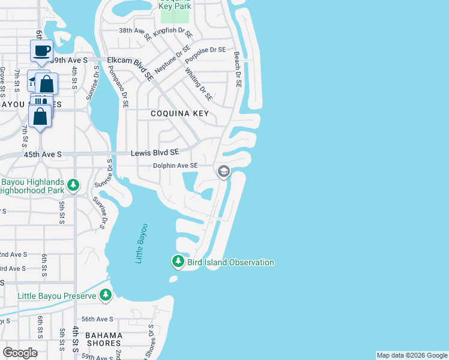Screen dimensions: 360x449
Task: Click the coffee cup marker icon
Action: (x=41, y=51)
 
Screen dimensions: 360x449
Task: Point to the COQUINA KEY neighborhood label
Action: (x=179, y=113)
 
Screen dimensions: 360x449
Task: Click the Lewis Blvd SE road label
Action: (x=155, y=154)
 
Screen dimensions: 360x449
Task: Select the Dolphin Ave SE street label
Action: (x=175, y=166)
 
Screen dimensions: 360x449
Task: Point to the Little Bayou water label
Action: (x=142, y=243)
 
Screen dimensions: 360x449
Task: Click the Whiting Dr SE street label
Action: (x=199, y=85)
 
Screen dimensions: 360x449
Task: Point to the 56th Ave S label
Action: (x=97, y=320)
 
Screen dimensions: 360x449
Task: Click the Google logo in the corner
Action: (x=20, y=352)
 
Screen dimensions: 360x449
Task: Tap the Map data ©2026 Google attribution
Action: (x=412, y=355)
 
